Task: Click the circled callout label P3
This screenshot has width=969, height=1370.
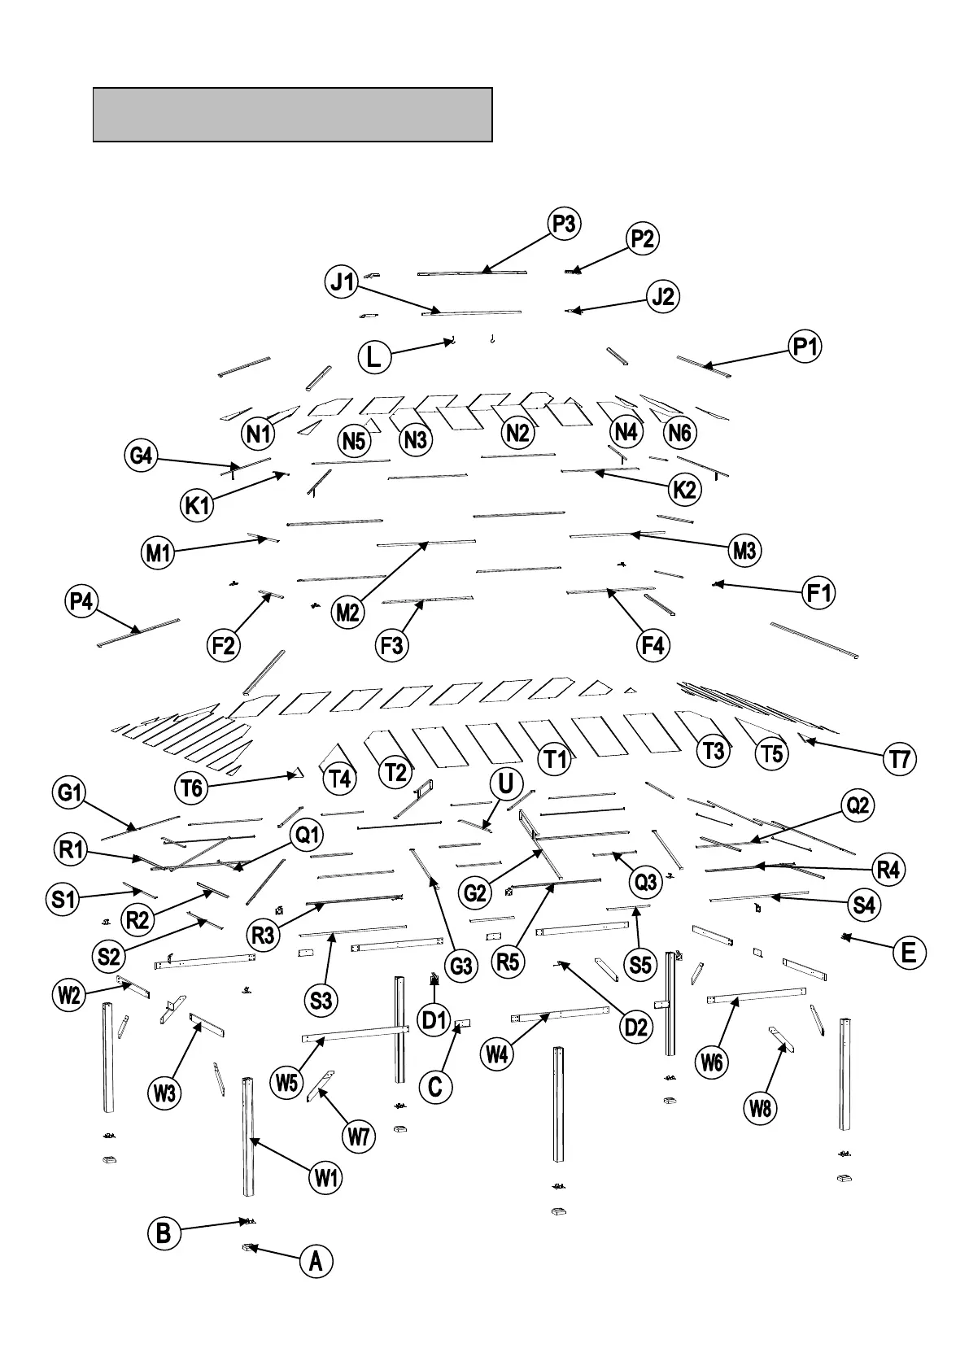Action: (564, 224)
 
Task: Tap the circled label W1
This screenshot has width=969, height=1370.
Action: (326, 1177)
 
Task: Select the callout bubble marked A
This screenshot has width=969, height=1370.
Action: (316, 1262)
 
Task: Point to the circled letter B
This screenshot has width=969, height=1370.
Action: (164, 1233)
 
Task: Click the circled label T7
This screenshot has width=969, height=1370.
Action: (900, 760)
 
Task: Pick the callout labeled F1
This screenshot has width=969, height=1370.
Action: (819, 594)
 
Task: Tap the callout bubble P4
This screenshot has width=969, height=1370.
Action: (81, 602)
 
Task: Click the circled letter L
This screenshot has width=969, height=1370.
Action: (374, 357)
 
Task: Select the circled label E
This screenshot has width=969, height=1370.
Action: (909, 952)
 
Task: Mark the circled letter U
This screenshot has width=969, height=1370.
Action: (505, 784)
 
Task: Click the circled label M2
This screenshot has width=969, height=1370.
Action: (347, 612)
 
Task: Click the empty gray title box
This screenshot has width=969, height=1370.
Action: (293, 115)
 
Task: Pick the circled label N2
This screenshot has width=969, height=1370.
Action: (518, 433)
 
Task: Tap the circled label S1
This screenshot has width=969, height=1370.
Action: (63, 900)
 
